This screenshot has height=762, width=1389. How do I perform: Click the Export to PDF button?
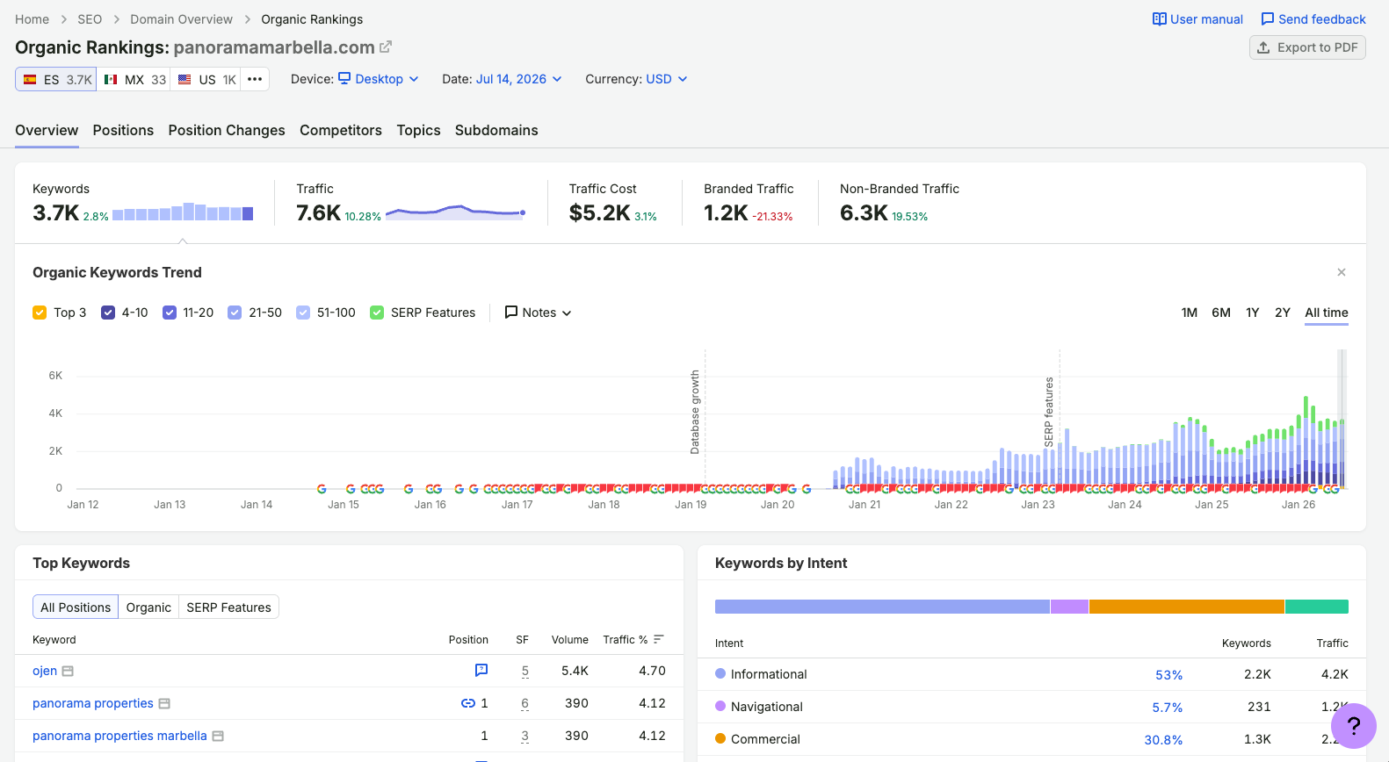pos(1307,47)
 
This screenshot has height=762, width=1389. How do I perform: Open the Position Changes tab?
pos(227,130)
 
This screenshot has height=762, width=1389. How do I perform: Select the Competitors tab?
pos(340,130)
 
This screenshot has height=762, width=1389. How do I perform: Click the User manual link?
pos(1197,19)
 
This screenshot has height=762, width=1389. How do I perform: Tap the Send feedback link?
pos(1313,19)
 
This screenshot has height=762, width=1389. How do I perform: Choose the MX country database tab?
pos(134,79)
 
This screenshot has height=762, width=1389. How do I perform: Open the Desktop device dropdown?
pos(379,79)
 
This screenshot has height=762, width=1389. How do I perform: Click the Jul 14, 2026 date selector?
pos(518,79)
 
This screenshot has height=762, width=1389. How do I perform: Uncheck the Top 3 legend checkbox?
pos(40,313)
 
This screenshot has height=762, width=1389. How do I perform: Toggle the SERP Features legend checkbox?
pos(377,313)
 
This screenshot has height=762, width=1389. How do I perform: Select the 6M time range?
pos(1221,313)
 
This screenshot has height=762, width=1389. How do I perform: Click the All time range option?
pos(1327,313)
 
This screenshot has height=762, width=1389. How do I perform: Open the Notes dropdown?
pos(538,313)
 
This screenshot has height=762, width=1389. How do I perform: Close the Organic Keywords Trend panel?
pos(1342,273)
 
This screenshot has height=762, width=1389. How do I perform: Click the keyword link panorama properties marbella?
pos(119,736)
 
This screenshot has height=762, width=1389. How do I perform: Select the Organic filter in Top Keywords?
pos(148,607)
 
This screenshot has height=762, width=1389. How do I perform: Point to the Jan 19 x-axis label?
pos(691,505)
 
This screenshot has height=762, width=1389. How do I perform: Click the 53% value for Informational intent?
pos(1168,674)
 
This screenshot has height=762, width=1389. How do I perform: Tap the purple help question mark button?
pos(1354,726)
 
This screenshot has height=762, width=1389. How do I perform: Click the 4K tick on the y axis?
pos(56,413)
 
